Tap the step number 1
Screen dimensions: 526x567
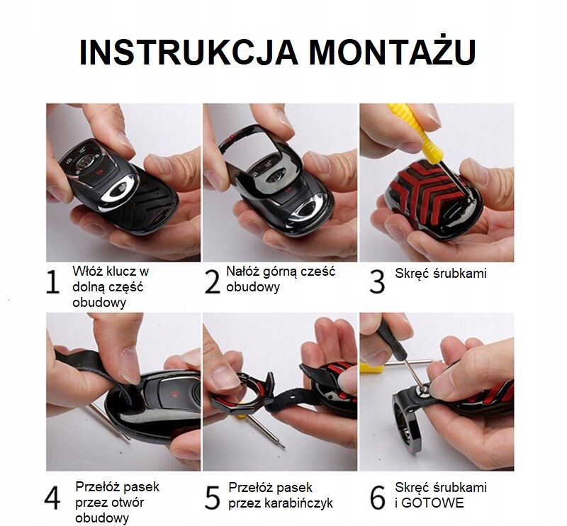pyautogui.click(x=52, y=282)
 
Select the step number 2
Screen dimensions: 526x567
pyautogui.click(x=212, y=282)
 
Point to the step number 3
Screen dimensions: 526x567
pyautogui.click(x=377, y=282)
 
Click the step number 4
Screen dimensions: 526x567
pyautogui.click(x=52, y=498)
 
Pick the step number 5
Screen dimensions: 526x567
pyautogui.click(x=212, y=498)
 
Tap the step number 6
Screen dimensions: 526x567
pyautogui.click(x=377, y=498)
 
